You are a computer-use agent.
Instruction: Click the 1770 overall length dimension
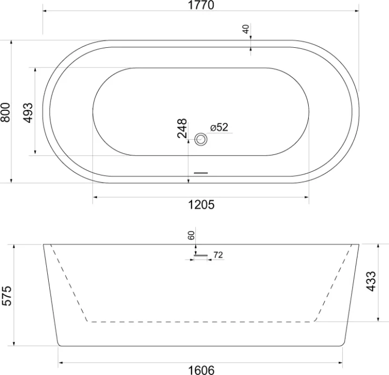(201, 5)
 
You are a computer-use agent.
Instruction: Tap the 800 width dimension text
(5, 111)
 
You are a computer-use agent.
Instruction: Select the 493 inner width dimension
(29, 111)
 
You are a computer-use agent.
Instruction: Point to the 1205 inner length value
(201, 204)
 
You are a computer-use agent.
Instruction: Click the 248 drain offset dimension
(182, 129)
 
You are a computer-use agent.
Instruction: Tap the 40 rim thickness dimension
(246, 29)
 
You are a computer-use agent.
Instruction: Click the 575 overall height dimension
(7, 295)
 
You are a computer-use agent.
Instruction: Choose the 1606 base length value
(201, 370)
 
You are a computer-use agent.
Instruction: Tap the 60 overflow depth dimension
(190, 235)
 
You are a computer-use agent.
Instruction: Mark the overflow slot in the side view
(201, 254)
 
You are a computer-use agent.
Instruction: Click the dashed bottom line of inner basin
(201, 322)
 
